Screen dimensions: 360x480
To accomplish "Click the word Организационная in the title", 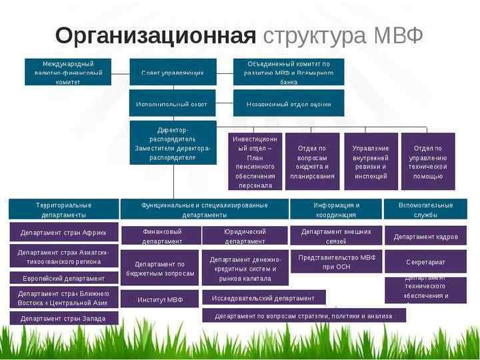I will pos(155,35).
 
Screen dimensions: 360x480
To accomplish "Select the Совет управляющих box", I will pos(172,72).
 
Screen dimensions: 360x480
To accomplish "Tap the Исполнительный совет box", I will pos(172,103).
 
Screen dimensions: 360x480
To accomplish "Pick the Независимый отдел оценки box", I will pos(289,103).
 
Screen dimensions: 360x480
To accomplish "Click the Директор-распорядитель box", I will pos(173,143).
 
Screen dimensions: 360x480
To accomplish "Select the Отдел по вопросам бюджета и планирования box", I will pos(312,162).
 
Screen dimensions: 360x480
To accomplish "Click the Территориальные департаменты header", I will pos(63,209).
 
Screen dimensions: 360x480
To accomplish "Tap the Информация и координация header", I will pos(336,209).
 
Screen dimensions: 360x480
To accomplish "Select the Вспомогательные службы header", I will pos(425,209).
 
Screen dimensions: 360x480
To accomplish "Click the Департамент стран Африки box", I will pos(63,233).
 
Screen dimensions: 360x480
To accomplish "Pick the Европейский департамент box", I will pos(63,278).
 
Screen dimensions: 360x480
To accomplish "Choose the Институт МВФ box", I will pos(159,299).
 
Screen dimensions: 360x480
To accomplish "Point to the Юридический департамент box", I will pos(245,236).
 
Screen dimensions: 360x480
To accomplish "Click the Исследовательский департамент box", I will pos(264,298).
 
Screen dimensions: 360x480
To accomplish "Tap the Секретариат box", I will pos(425,261).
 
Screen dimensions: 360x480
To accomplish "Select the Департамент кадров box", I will pos(425,236).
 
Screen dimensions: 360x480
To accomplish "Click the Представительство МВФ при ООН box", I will pos(336,261).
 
